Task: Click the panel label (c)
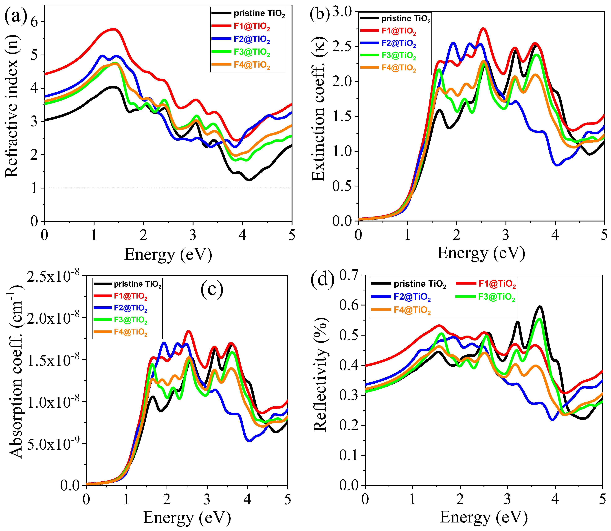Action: coord(212,290)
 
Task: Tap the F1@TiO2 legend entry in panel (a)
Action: coord(252,26)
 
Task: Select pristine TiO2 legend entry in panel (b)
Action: coord(406,19)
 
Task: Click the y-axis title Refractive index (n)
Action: coord(12,106)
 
